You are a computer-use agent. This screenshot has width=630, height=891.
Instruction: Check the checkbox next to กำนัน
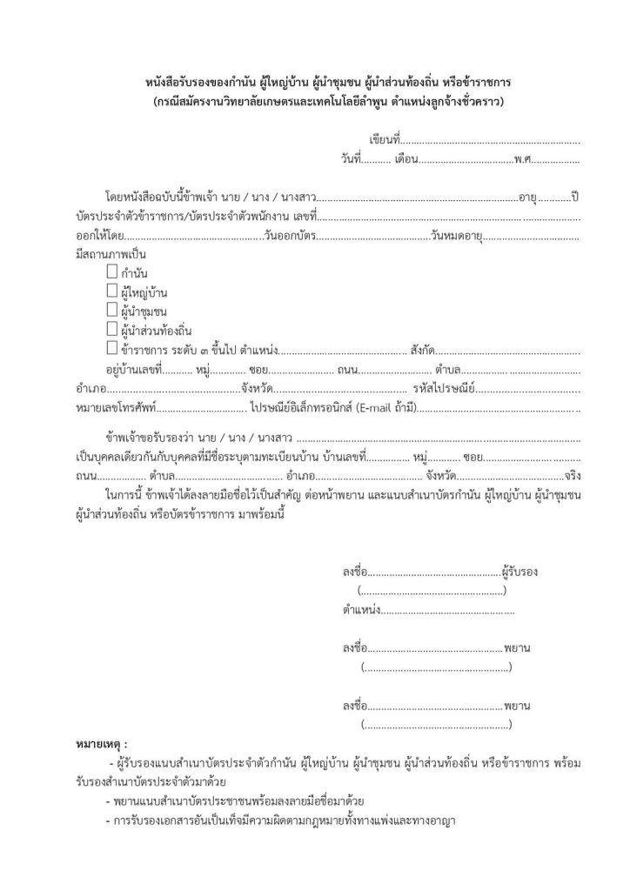click(111, 272)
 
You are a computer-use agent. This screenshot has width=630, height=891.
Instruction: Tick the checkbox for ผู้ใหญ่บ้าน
click(111, 291)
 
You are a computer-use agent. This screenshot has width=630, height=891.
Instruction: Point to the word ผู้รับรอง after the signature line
click(520, 573)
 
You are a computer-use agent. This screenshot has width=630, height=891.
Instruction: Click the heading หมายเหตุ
click(101, 745)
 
